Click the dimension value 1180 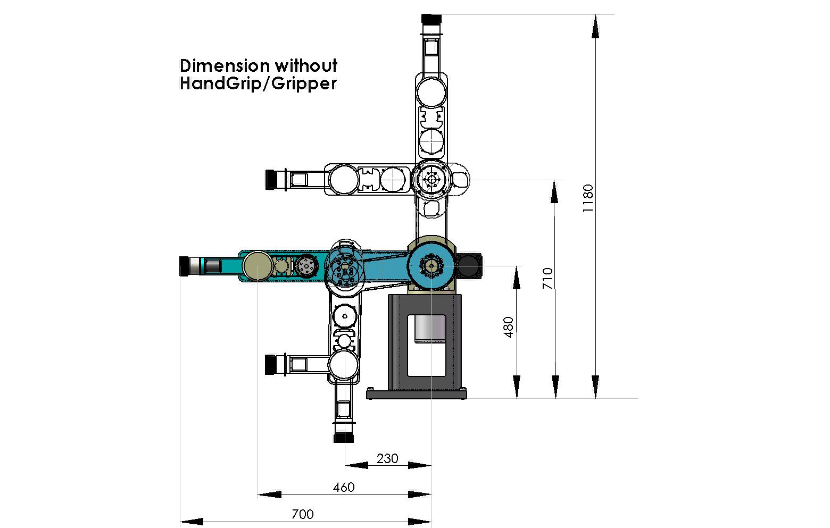(x=588, y=198)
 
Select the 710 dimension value (x=547, y=279)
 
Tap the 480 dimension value (x=509, y=327)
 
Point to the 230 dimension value (x=387, y=458)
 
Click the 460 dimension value (x=344, y=487)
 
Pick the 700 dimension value (x=302, y=514)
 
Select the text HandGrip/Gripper (x=258, y=83)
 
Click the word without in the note (x=306, y=66)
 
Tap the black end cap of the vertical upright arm (x=431, y=19)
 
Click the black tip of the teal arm (x=184, y=266)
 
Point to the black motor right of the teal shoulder (x=468, y=266)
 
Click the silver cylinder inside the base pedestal (x=430, y=329)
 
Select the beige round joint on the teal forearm (x=258, y=265)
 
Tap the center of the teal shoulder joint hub (x=431, y=266)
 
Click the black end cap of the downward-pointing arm (x=344, y=438)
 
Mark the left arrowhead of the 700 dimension (x=192, y=522)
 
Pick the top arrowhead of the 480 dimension (x=517, y=278)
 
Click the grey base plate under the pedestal (x=417, y=393)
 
